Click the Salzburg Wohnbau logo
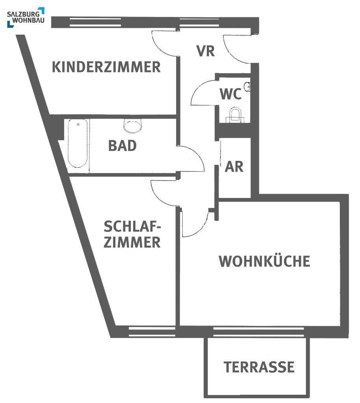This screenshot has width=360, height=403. click(26, 17)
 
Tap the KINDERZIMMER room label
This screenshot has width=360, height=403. click(106, 67)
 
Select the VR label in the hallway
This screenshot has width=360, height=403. click(206, 51)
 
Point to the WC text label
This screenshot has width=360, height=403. click(231, 94)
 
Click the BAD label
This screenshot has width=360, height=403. click(122, 146)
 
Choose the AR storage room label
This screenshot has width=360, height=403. click(234, 167)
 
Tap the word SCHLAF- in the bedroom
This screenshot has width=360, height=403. click(132, 226)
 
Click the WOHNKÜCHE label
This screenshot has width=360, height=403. click(265, 261)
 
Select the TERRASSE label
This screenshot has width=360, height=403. click(259, 367)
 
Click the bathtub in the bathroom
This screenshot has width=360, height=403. click(78, 143)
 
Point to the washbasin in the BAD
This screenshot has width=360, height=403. click(133, 126)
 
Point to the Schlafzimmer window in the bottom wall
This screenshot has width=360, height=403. click(152, 331)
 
